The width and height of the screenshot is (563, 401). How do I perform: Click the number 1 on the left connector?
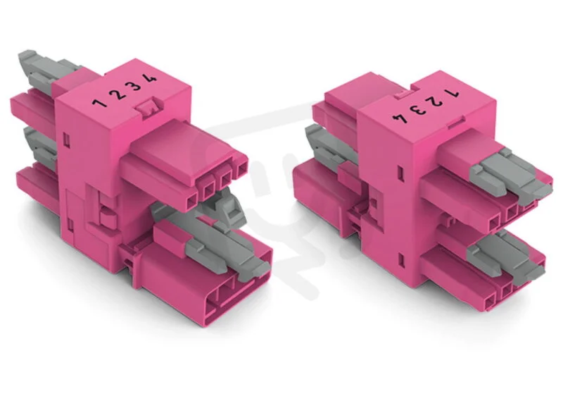[x=99, y=103]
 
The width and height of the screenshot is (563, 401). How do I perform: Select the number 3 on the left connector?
[x=135, y=86]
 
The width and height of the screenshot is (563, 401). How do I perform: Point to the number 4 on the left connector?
[x=151, y=78]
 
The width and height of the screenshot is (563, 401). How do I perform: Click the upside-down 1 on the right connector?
[x=451, y=93]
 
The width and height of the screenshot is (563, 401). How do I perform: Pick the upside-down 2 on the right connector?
[x=436, y=100]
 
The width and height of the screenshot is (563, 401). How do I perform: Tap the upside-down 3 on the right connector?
[x=421, y=109]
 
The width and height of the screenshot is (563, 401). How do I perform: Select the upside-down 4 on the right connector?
[x=405, y=117]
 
